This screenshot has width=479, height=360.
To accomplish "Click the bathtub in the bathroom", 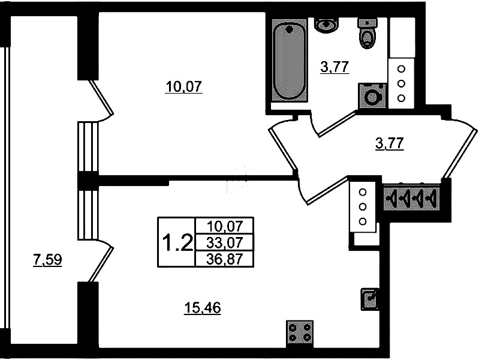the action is [290, 59].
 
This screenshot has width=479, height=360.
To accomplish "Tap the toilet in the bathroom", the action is [367, 34].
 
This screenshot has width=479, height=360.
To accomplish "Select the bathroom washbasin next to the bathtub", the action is [326, 25].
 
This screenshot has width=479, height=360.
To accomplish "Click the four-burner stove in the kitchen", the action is [300, 333].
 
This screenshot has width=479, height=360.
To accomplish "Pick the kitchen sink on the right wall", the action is [370, 299].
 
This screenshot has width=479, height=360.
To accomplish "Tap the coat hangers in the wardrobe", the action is [411, 198].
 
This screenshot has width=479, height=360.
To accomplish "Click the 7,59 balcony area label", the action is [47, 260].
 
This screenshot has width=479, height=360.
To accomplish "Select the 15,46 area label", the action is [203, 308].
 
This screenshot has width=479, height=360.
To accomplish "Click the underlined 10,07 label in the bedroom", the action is [183, 87].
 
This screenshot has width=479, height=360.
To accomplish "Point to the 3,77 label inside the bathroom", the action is [335, 67].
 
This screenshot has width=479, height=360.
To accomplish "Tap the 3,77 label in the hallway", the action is [390, 144].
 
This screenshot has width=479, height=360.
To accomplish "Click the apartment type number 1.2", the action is [177, 242].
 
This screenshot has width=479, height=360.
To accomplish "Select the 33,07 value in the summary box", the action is [225, 243].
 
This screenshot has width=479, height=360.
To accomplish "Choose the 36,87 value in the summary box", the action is [225, 260].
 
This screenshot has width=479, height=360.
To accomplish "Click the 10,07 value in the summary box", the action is [225, 227].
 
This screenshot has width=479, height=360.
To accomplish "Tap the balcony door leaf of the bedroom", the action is [101, 97].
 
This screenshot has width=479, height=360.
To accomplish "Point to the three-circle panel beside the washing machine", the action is [402, 83].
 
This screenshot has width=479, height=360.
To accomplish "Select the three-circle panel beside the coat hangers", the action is [363, 207].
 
